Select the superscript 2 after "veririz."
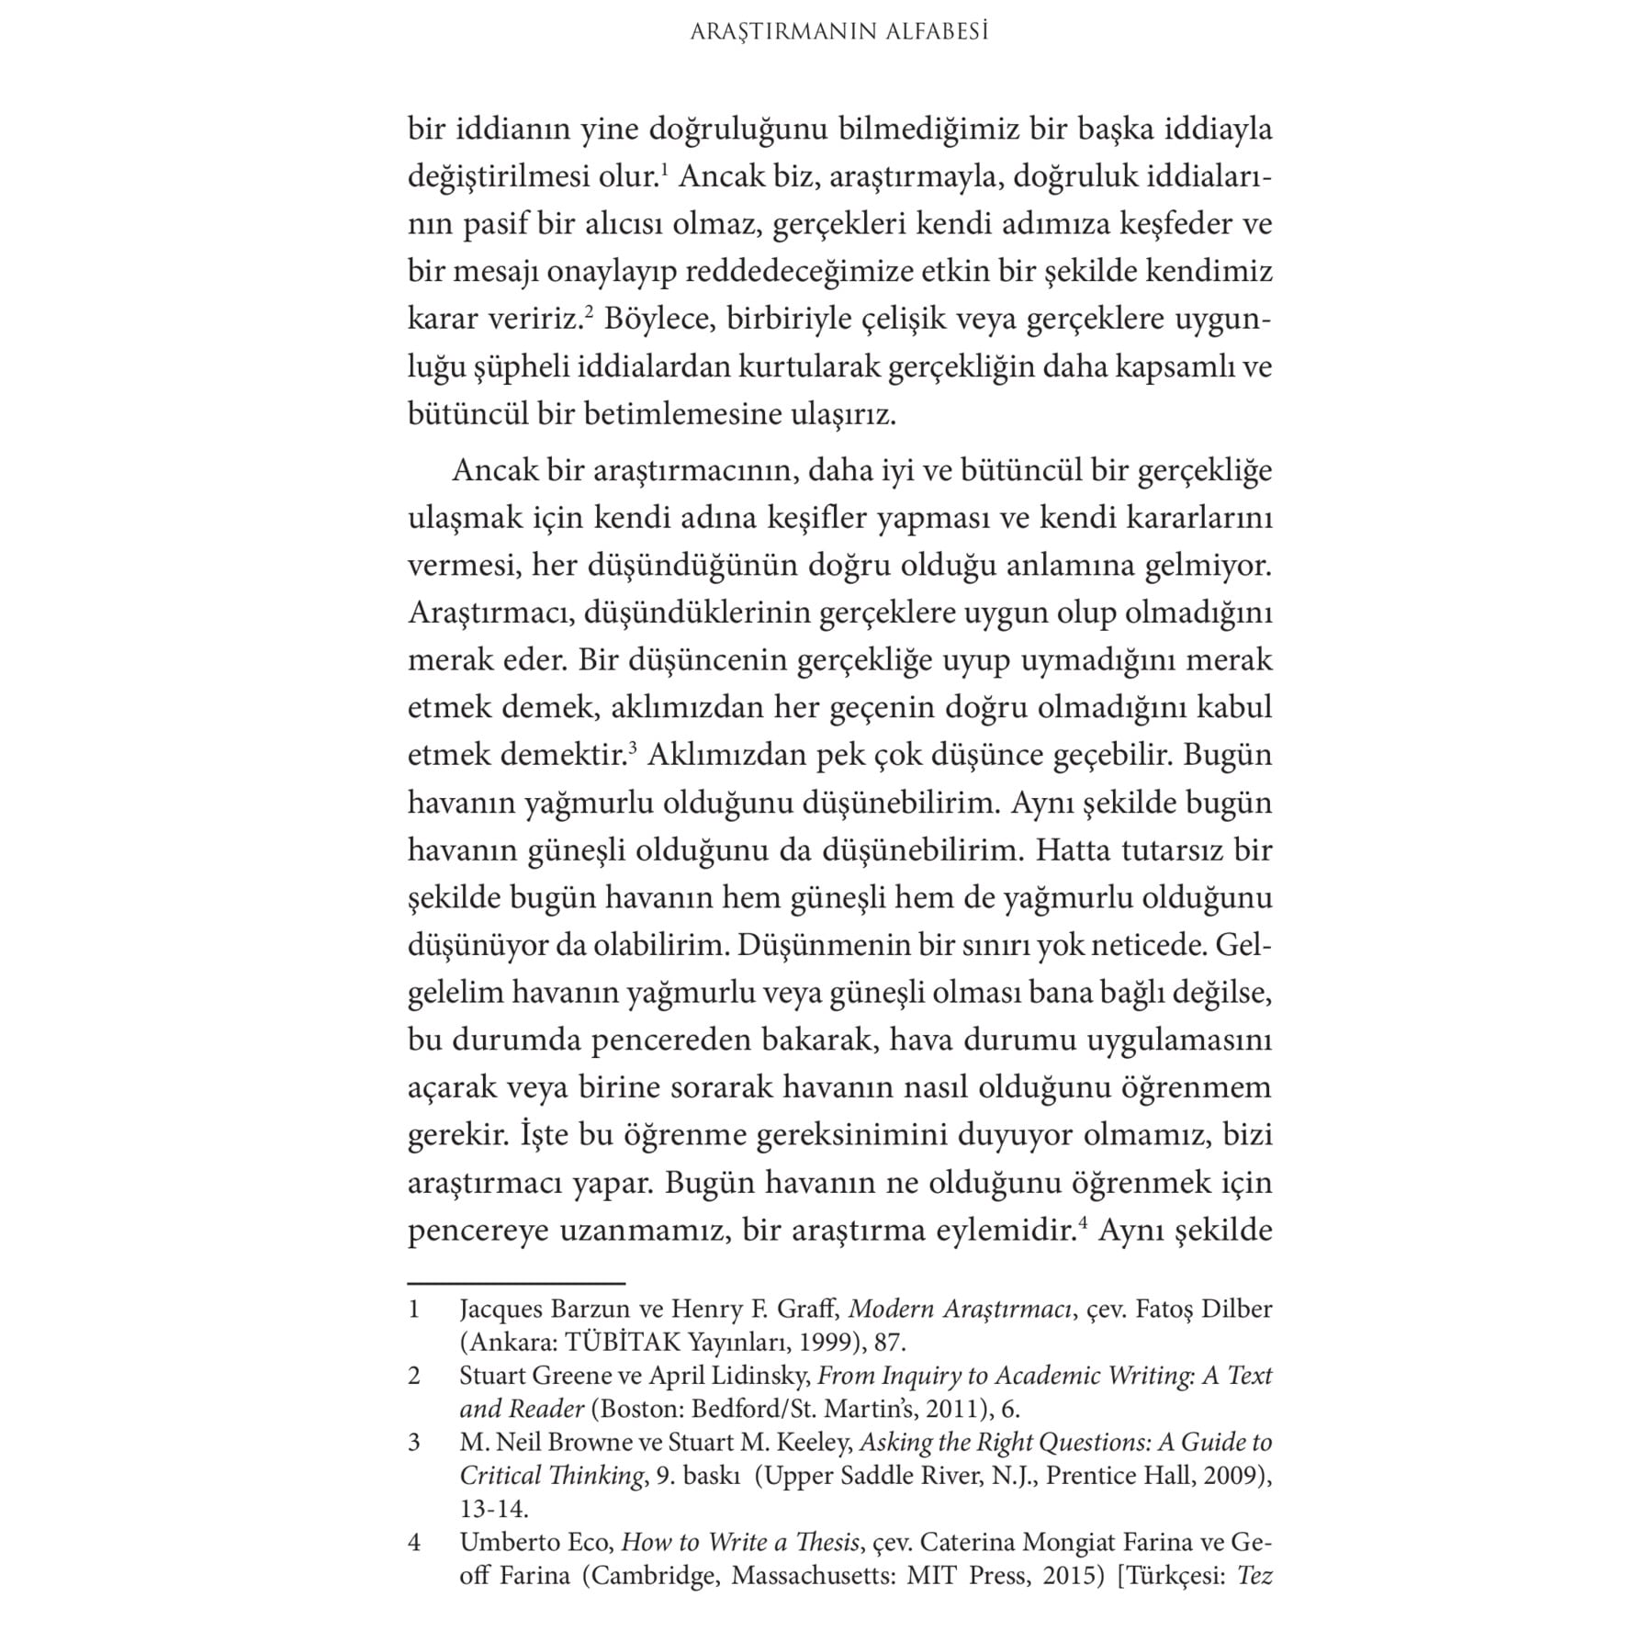590,311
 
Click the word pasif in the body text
495,225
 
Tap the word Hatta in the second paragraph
1072,849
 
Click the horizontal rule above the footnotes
516,1283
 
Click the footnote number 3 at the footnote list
414,1442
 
